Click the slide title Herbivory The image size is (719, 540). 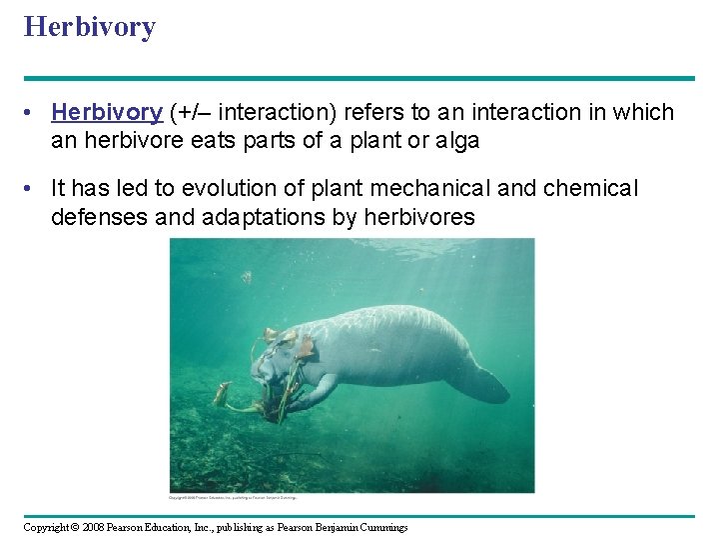click(90, 27)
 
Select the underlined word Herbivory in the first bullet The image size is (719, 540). click(107, 113)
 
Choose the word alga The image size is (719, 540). click(457, 141)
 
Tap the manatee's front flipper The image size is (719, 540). click(318, 393)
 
